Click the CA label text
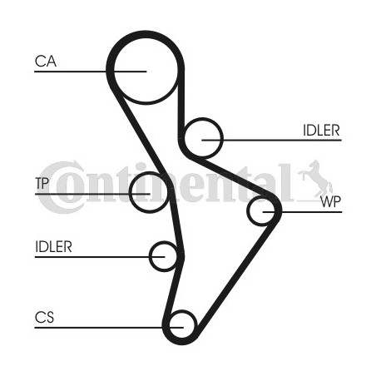46,62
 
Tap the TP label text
42,183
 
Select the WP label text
330,201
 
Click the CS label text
44,317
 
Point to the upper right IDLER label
321,130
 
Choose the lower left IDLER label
53,246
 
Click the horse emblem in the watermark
315,178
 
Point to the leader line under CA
91,72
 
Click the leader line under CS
109,328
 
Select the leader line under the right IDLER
271,140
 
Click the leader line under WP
302,212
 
